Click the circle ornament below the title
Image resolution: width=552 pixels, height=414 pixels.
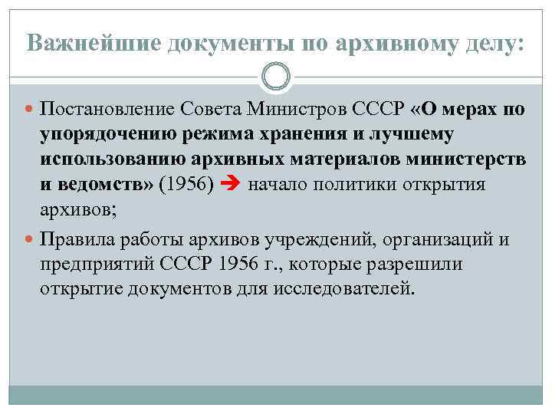(x=276, y=77)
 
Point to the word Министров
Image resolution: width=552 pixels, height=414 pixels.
(x=294, y=110)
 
